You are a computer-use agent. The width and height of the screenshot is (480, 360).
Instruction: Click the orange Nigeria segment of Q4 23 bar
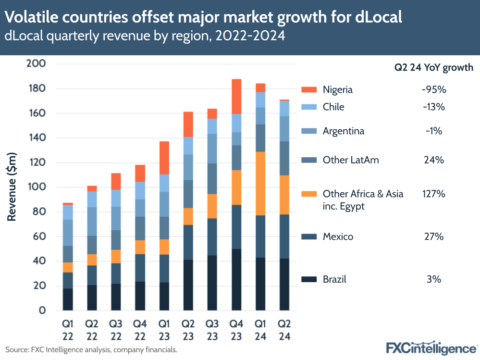pos(236,96)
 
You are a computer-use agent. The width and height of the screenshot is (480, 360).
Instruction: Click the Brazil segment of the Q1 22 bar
pos(68,299)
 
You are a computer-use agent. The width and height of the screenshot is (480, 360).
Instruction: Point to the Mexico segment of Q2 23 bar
pos(188,242)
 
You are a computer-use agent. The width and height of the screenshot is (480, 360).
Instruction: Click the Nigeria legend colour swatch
pos(309,90)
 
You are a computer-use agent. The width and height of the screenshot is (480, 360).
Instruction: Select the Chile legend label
pos(333,107)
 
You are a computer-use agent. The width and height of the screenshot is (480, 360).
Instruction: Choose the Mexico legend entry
pos(338,236)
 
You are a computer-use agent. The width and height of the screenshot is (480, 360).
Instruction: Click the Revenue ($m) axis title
pos(12,187)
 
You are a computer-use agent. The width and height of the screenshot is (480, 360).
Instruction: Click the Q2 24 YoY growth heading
pos(433,68)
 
